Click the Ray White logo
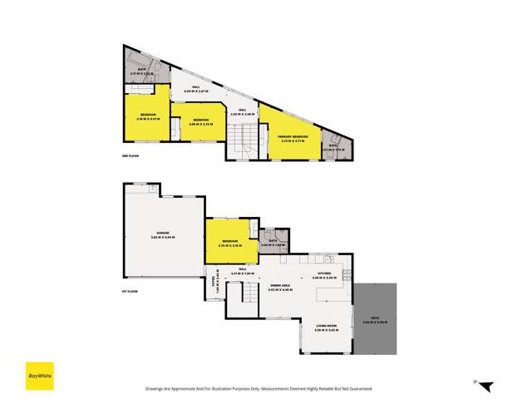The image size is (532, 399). coord(37,374)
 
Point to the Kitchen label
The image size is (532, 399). coord(324,273)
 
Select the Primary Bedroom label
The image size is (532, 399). coord(293,136)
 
